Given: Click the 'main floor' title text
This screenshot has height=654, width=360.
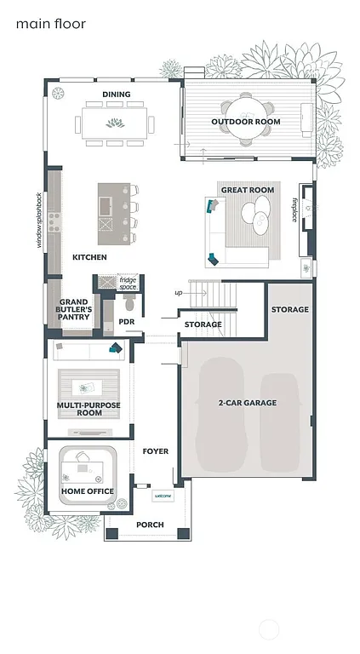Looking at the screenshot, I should [50, 25].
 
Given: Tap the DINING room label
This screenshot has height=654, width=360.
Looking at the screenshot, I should [116, 95].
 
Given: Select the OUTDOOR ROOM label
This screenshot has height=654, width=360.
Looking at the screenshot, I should [246, 122].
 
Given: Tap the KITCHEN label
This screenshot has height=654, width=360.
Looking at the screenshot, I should [89, 257].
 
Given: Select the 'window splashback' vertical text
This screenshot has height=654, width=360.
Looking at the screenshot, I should [38, 221].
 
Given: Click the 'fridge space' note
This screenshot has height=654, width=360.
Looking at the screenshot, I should [128, 283].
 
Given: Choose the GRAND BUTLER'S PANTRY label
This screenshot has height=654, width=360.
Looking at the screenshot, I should [73, 310].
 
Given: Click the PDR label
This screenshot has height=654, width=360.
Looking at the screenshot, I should [127, 321].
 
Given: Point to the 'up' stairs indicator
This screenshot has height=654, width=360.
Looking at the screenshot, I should [178, 293].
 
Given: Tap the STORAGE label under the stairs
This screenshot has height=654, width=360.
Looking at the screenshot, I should [203, 324].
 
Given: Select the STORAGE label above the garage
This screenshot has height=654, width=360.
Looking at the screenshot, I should [289, 309].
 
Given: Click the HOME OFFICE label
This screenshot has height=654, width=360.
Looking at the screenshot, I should [88, 491].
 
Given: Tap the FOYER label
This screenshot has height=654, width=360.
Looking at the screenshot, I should [155, 451].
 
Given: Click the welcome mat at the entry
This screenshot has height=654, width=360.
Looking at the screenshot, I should [163, 496].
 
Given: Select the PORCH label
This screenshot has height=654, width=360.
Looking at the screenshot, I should [150, 525].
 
